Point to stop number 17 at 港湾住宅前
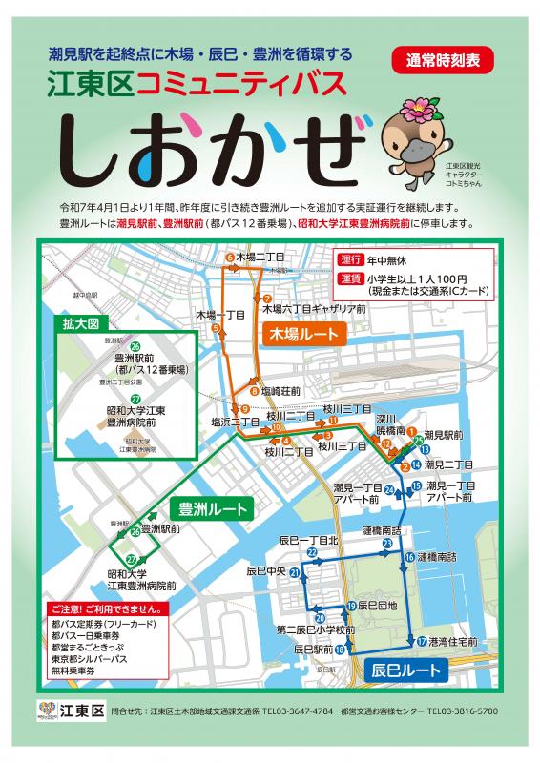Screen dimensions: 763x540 coord(421,640)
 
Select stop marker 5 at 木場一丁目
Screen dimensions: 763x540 coord(217,329)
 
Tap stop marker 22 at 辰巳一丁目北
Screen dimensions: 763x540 coord(312,552)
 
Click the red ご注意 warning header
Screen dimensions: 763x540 coord(105,608)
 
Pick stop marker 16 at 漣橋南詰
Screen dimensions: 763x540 coord(410,557)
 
